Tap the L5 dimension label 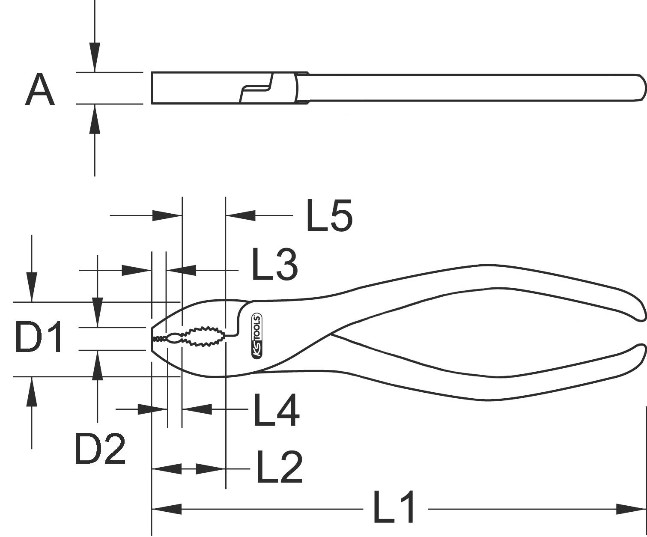coord(329,215)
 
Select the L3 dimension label coord(274,265)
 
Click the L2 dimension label coord(279,467)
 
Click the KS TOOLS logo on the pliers coord(257,337)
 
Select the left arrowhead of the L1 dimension coord(167,509)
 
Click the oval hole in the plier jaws coord(174,338)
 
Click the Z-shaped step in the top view coord(256,88)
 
